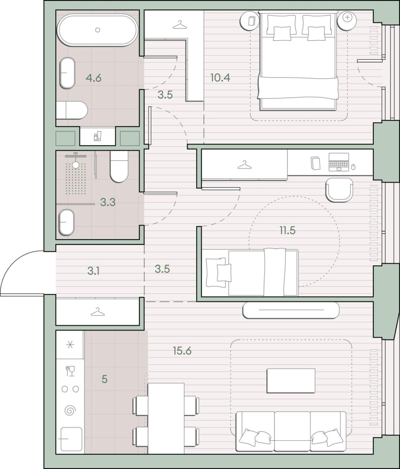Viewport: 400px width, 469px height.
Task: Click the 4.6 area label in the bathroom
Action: (93, 78)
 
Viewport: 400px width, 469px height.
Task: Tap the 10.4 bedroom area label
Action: (220, 78)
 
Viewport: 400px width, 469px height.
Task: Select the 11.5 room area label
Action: (287, 231)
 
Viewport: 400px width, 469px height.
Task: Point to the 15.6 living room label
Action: (182, 351)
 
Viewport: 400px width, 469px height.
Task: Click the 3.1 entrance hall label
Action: (93, 271)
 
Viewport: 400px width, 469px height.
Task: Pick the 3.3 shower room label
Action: (108, 202)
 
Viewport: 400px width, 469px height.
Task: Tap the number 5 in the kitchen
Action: (104, 379)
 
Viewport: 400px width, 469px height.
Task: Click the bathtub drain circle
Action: (98, 30)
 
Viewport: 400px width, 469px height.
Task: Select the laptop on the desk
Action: (339, 162)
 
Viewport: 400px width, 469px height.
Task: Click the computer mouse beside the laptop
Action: (353, 167)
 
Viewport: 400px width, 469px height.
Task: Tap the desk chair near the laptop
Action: (339, 190)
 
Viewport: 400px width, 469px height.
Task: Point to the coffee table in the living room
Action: (291, 381)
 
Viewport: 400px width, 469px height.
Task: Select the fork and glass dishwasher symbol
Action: (70, 371)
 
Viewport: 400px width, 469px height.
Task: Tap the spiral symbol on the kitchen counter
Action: (70, 410)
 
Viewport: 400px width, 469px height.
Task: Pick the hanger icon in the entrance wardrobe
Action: (97, 312)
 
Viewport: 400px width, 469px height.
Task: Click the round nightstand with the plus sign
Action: (347, 20)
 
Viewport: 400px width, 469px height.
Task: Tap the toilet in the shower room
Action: (119, 167)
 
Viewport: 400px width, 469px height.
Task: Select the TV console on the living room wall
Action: (291, 310)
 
